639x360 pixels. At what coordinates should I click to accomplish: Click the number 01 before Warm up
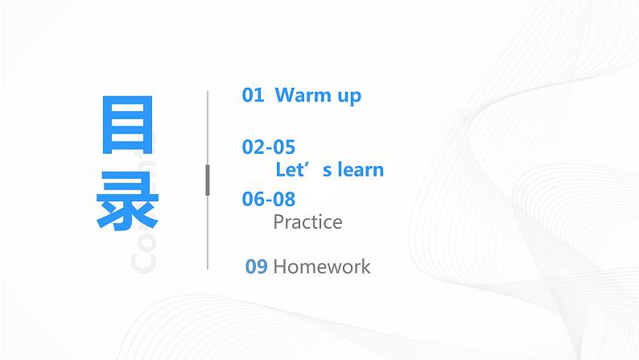pos(253,95)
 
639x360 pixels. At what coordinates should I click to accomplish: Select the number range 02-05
pos(269,147)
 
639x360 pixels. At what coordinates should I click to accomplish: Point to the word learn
pos(359,170)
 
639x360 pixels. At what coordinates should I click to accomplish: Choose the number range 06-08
pos(269,198)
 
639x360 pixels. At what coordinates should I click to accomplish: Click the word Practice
pos(307,221)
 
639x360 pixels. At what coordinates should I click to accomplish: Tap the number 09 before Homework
pos(256,267)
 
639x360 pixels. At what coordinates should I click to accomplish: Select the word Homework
pos(322,267)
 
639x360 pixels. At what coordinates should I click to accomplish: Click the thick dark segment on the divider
pos(208,180)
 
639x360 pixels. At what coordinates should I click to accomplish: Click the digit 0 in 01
pos(248,95)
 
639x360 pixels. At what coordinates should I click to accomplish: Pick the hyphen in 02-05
pos(269,148)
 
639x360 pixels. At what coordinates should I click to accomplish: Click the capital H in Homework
pos(280,267)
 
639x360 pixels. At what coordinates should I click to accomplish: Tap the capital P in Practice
pos(278,221)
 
